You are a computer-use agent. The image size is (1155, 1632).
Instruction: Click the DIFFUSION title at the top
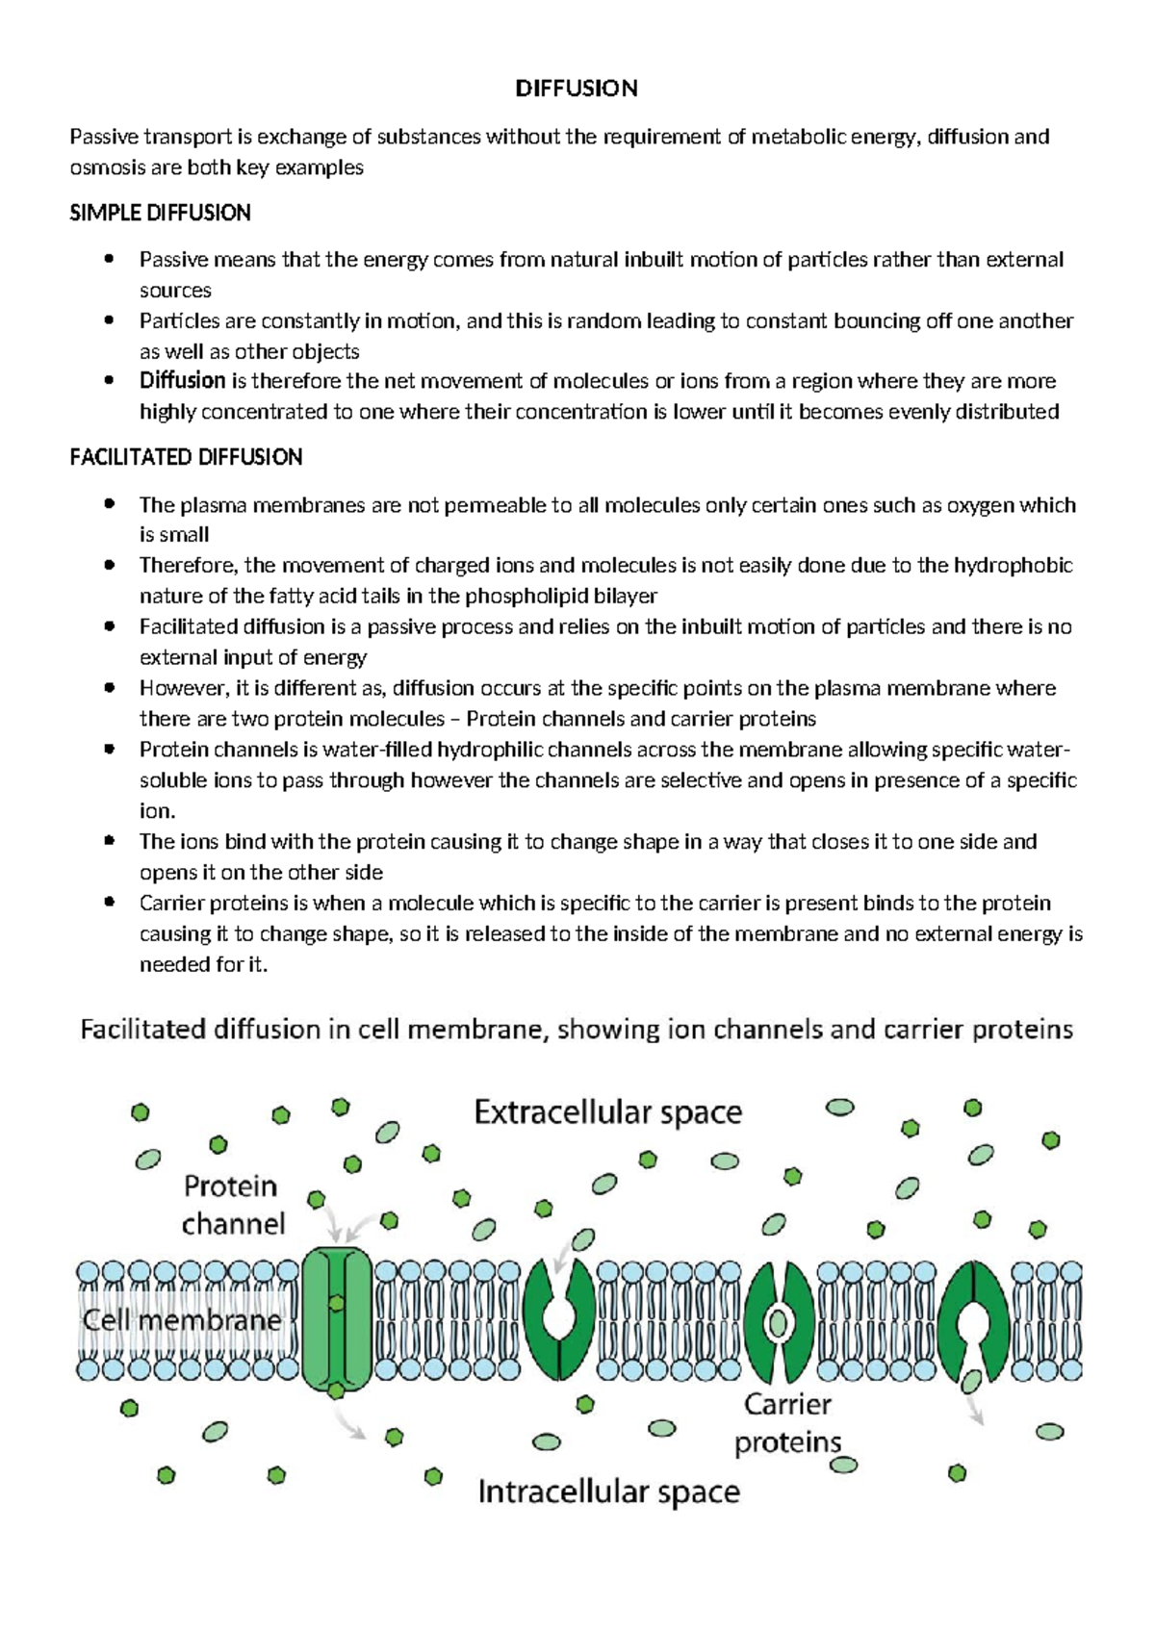click(x=576, y=89)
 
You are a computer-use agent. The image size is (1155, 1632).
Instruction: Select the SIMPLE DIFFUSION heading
click(x=160, y=213)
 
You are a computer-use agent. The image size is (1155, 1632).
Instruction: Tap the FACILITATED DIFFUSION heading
click(x=186, y=457)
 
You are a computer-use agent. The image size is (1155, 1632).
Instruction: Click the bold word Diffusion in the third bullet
click(x=182, y=381)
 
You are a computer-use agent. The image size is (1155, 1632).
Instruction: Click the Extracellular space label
click(x=607, y=1113)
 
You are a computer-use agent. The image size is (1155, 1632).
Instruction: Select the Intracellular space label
click(x=608, y=1492)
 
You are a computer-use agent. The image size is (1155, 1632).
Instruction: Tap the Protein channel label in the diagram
click(x=233, y=1205)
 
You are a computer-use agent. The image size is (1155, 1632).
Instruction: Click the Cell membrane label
click(x=181, y=1319)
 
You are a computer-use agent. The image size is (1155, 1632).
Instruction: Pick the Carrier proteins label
click(x=787, y=1423)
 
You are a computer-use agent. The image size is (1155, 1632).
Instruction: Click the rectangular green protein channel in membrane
click(x=336, y=1318)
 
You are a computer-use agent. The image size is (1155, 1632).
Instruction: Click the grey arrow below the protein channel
click(x=349, y=1423)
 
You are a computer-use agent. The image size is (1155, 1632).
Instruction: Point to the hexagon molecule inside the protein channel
click(x=336, y=1304)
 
